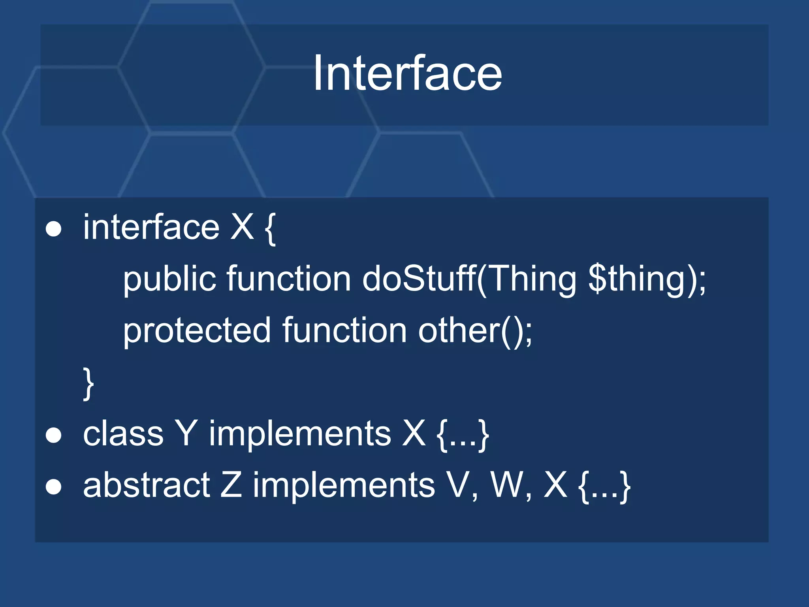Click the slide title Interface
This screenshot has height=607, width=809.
407,74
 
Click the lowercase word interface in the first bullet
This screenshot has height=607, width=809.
151,227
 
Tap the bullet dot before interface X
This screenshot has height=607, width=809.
54,229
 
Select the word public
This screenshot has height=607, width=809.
169,279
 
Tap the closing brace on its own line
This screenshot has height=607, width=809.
89,383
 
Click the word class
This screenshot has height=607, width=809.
123,434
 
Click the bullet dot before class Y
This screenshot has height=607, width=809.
54,435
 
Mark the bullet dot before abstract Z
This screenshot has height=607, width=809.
54,487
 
